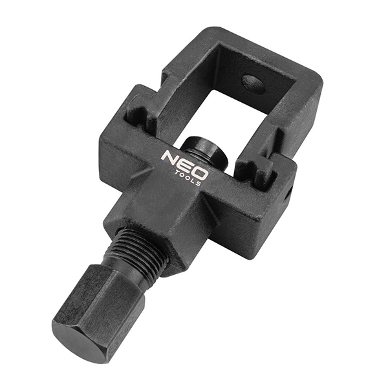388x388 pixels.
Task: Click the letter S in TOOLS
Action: tap(199, 184)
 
